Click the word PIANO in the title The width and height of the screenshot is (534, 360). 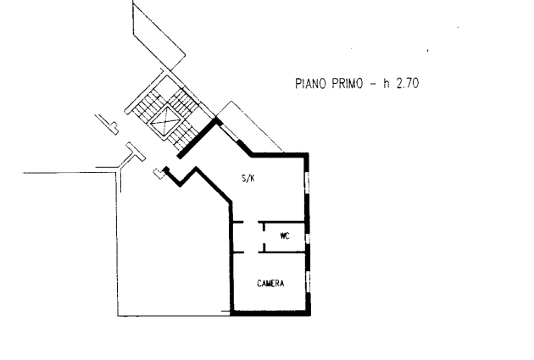coord(312,83)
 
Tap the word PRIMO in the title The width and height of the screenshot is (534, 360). coord(348,83)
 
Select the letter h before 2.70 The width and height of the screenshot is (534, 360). coord(386,83)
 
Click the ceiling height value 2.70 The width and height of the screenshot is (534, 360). coord(409,83)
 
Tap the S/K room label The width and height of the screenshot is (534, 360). coord(248,178)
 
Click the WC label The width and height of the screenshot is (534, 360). coord(285,236)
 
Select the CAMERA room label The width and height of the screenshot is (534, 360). coord(270,283)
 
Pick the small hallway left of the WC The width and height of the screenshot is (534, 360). coord(246,236)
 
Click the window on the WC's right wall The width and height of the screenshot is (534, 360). coord(308,236)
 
